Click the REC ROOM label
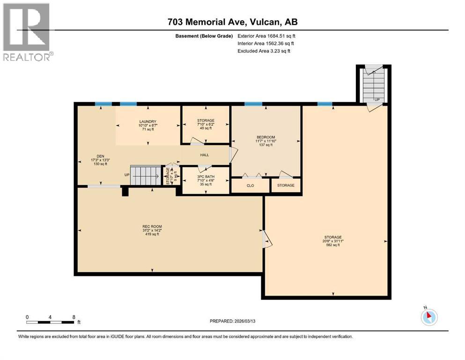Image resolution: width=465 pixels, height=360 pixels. (x=152, y=226)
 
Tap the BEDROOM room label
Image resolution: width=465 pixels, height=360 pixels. (x=265, y=137)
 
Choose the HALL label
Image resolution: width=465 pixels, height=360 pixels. (x=205, y=155)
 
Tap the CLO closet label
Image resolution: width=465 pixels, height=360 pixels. (x=250, y=186)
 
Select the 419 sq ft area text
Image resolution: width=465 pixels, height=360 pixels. (x=152, y=234)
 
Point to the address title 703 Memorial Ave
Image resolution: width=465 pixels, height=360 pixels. (x=232, y=22)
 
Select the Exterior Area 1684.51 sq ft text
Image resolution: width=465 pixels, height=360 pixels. (x=266, y=36)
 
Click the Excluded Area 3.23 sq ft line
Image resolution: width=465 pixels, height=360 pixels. (x=264, y=51)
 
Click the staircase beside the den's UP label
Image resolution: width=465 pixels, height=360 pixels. (x=145, y=175)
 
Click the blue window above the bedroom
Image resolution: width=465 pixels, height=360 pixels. (x=253, y=104)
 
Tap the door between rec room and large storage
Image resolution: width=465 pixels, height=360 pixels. (x=266, y=239)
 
